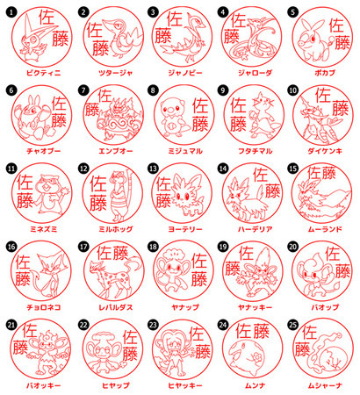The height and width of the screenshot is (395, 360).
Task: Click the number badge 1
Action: [x=11, y=11]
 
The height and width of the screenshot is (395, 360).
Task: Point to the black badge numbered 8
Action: [x=153, y=89]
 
